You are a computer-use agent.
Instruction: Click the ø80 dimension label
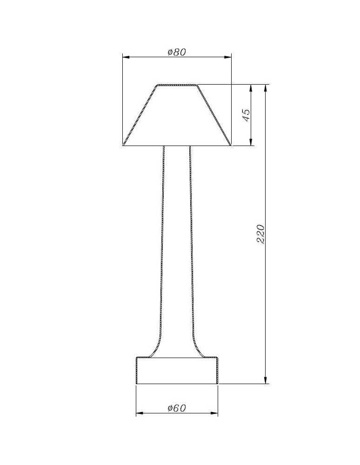(x=177, y=52)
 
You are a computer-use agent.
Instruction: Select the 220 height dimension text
(x=261, y=234)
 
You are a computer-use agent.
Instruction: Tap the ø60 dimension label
(x=177, y=408)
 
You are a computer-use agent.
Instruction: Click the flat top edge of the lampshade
(x=177, y=85)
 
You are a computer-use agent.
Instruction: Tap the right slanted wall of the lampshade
(x=213, y=115)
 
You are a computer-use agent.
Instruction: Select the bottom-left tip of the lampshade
(x=124, y=145)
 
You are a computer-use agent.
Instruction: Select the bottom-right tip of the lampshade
(x=230, y=145)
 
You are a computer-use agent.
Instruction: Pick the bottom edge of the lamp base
(x=177, y=384)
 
